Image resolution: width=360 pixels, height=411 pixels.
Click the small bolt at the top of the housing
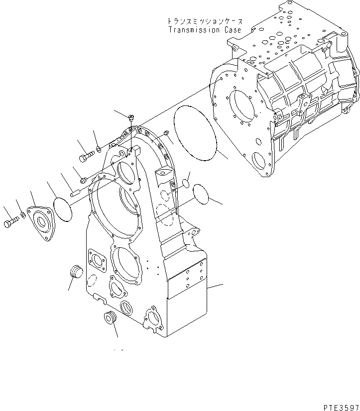130,118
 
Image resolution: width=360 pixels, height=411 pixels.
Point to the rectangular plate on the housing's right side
187,282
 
